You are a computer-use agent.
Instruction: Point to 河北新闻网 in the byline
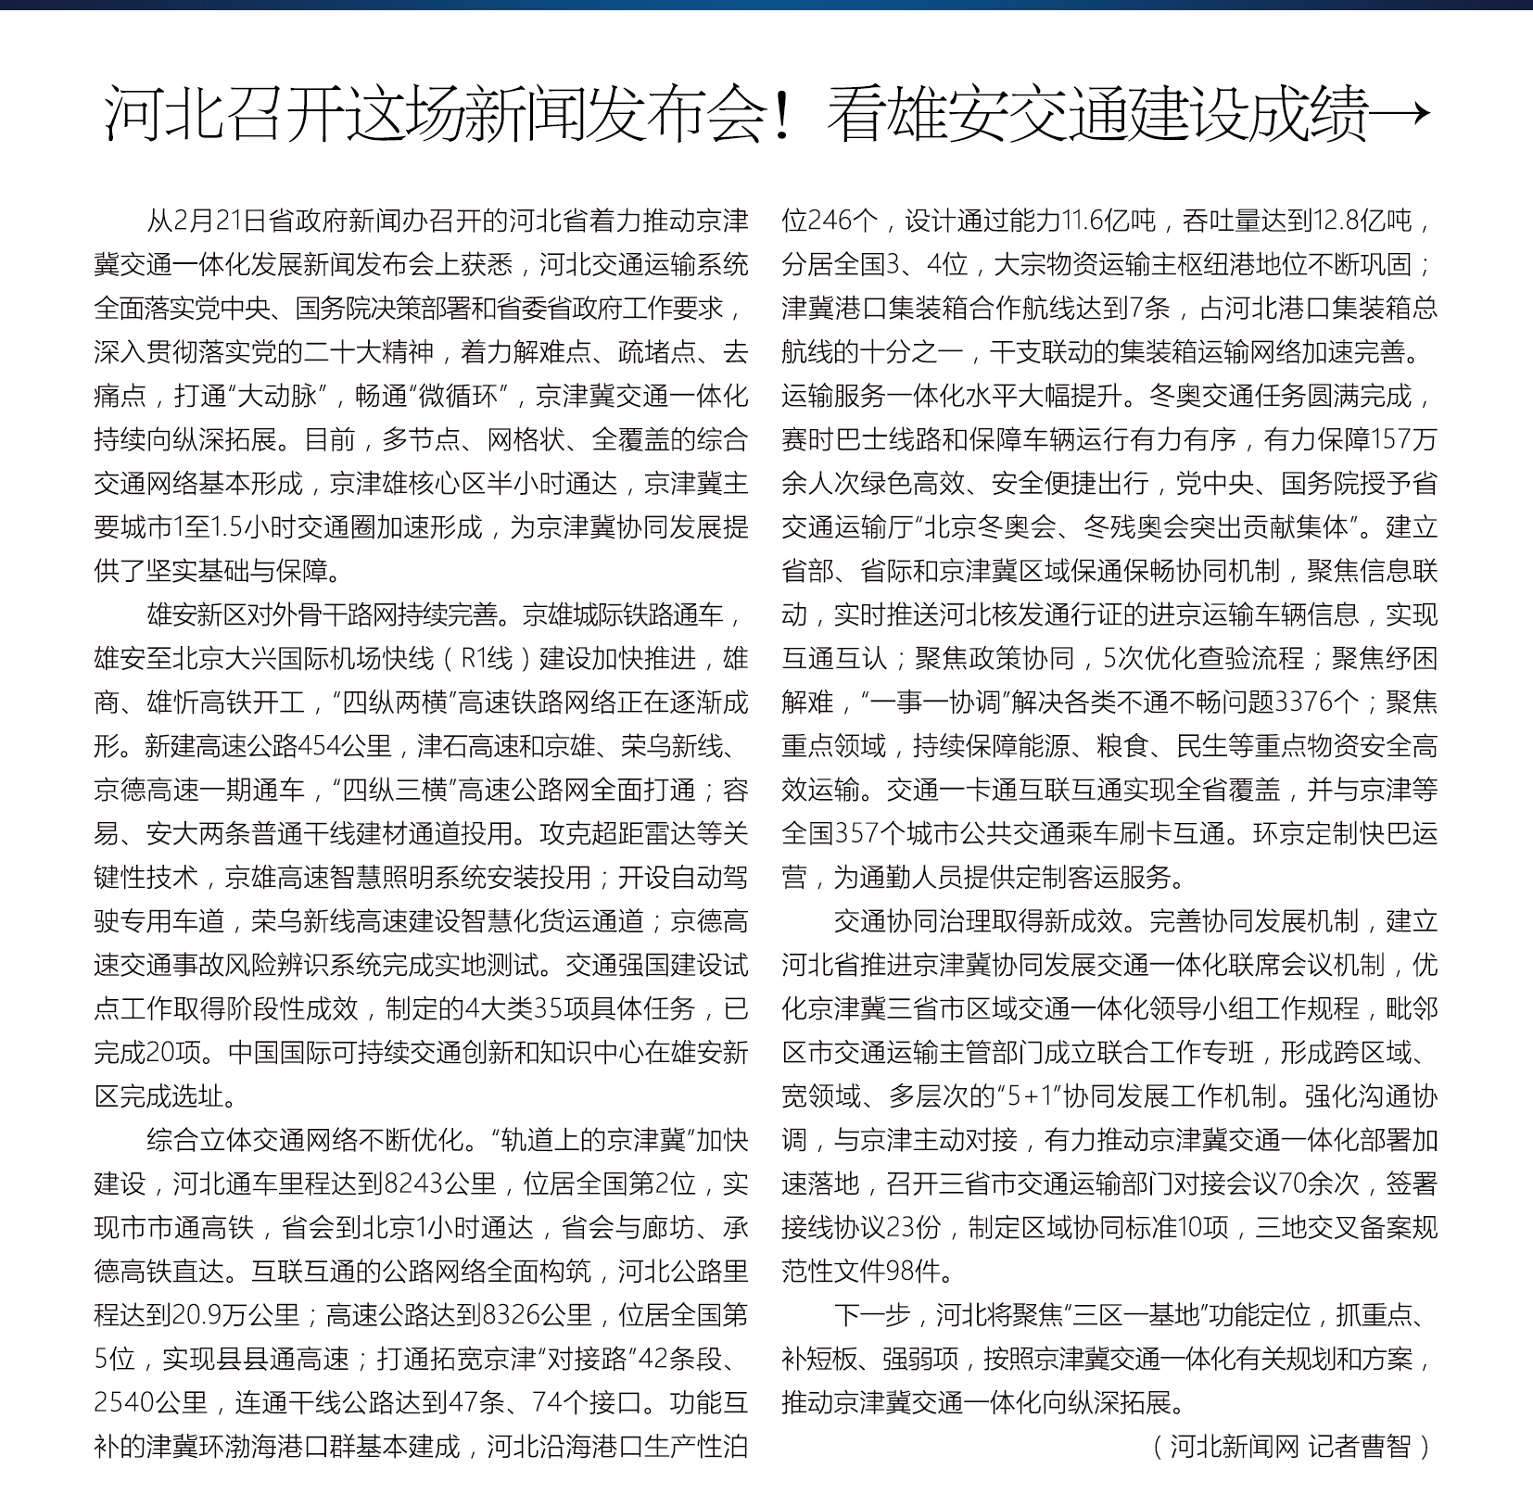pyautogui.click(x=1235, y=1446)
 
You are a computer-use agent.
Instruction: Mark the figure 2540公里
pyautogui.click(x=150, y=1402)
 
